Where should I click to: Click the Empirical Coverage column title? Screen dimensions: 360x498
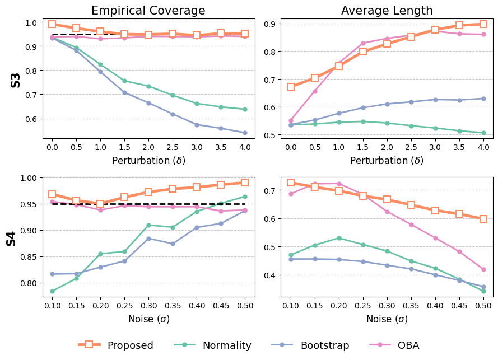pyautogui.click(x=148, y=11)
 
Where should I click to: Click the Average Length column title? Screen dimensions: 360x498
pyautogui.click(x=387, y=11)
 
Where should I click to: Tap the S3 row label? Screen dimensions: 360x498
pyautogui.click(x=16, y=80)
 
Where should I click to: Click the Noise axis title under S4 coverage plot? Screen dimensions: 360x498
pyautogui.click(x=148, y=319)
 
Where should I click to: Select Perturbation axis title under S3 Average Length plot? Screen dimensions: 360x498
pyautogui.click(x=387, y=161)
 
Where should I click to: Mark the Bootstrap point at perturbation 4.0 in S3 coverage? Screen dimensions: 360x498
pyautogui.click(x=245, y=133)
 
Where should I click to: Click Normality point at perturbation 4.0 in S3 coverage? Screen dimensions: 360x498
pyautogui.click(x=245, y=109)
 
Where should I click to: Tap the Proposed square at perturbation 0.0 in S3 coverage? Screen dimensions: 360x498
pyautogui.click(x=52, y=24)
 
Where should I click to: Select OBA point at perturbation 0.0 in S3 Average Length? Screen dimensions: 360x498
pyautogui.click(x=291, y=120)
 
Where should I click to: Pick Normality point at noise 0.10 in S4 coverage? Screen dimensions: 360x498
pyautogui.click(x=52, y=291)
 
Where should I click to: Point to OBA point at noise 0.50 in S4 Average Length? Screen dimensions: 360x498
pyautogui.click(x=483, y=269)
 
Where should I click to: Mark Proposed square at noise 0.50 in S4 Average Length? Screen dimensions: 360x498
pyautogui.click(x=483, y=219)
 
